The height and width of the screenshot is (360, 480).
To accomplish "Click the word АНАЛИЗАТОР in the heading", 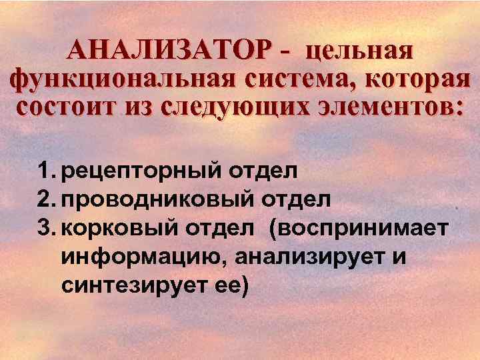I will [x=171, y=50].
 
